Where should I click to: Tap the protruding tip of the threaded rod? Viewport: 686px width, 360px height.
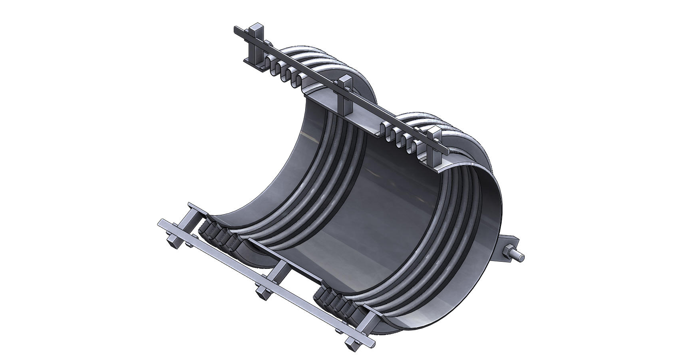point(521,256)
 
